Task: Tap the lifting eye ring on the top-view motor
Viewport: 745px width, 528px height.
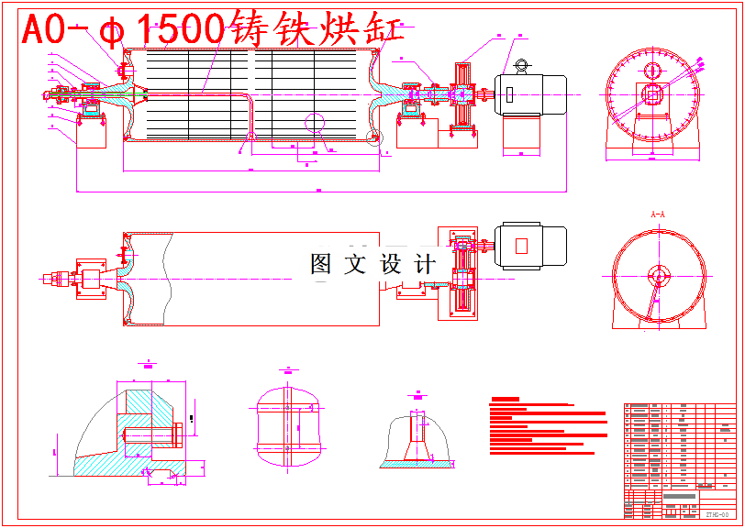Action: (522, 64)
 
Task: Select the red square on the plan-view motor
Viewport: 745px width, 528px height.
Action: (521, 246)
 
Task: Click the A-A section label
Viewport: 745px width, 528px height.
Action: (657, 214)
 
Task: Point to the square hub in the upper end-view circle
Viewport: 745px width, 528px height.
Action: (652, 93)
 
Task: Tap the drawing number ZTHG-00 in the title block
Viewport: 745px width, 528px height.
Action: (717, 514)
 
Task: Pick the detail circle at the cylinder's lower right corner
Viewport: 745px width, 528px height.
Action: (372, 138)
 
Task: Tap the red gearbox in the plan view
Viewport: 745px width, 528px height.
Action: (464, 272)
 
